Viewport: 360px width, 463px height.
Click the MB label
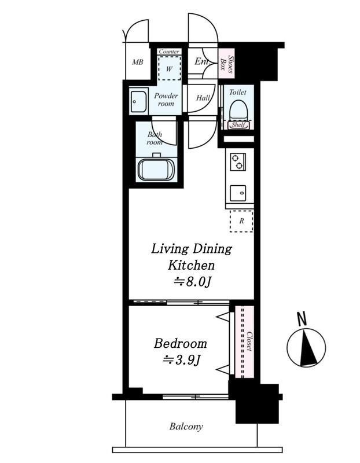[137, 63]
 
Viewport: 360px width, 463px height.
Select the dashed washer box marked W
[169, 69]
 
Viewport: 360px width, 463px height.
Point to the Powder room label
[166, 100]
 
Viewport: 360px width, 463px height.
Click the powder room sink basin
[138, 102]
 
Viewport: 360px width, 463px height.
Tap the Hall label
[203, 98]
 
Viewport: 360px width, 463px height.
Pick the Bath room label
[154, 138]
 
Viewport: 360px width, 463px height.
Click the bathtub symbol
[155, 169]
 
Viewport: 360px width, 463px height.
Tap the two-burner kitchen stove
[237, 162]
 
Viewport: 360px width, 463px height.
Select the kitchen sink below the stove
[238, 192]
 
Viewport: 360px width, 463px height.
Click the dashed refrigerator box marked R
[241, 221]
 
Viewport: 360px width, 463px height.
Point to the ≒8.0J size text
[192, 282]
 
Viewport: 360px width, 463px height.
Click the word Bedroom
[180, 343]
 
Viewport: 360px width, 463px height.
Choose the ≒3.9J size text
[181, 360]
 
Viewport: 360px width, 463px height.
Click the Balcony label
[186, 427]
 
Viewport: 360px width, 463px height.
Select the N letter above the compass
[301, 318]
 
